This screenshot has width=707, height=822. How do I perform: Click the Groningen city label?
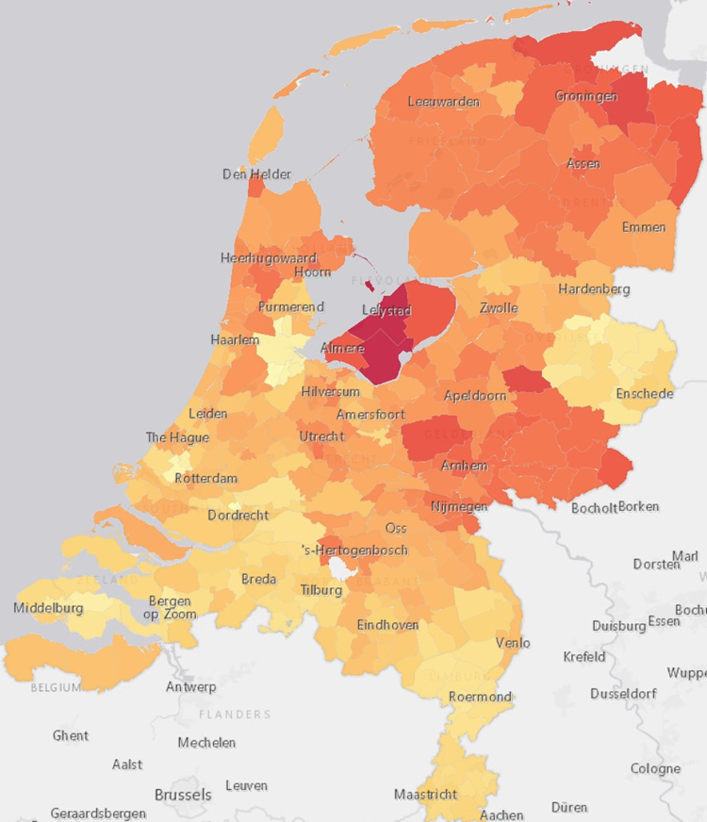point(585,96)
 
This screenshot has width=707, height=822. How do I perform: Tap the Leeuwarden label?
point(443,102)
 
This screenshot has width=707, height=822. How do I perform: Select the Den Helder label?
point(256,174)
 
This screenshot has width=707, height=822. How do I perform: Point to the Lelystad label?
point(386,310)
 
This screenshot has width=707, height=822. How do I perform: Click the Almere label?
point(342,348)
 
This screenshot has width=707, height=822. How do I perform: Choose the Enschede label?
point(645,393)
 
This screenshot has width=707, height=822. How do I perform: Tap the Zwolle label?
point(499,308)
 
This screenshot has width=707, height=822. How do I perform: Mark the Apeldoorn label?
point(475,396)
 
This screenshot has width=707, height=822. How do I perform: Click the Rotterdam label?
point(206,478)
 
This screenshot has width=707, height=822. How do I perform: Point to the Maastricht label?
point(425,795)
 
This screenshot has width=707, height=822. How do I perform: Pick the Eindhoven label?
point(387,625)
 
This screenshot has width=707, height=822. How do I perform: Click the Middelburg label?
point(48,608)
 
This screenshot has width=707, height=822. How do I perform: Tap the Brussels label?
point(183,795)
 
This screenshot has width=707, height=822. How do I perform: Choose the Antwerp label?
point(191,687)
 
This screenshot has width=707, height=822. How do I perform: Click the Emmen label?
point(644,227)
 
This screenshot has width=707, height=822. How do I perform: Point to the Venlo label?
point(513,643)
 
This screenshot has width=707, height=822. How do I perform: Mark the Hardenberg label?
point(594,288)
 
